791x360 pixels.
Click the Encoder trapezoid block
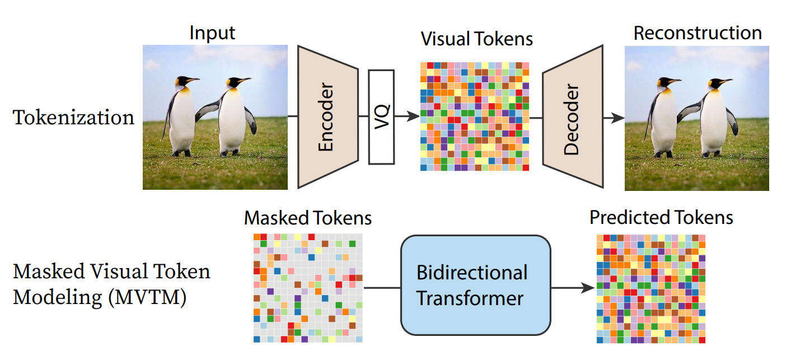tap(327, 116)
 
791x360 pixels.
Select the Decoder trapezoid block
tap(572, 116)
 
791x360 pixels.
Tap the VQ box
tap(381, 116)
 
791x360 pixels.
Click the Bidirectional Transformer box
tap(475, 284)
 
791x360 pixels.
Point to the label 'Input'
tap(212, 32)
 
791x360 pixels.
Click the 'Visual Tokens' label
tap(476, 39)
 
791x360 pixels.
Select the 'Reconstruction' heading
tap(698, 32)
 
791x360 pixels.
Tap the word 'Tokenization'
tap(74, 118)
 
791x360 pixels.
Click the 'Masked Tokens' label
tap(308, 218)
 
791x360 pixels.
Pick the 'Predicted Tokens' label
tap(661, 217)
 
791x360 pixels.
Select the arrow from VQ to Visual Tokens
tap(407, 116)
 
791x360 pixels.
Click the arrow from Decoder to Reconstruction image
tap(614, 118)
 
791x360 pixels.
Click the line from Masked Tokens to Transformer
tap(382, 288)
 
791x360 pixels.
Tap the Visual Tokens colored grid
tap(474, 116)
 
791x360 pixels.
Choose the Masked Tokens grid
tap(308, 288)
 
